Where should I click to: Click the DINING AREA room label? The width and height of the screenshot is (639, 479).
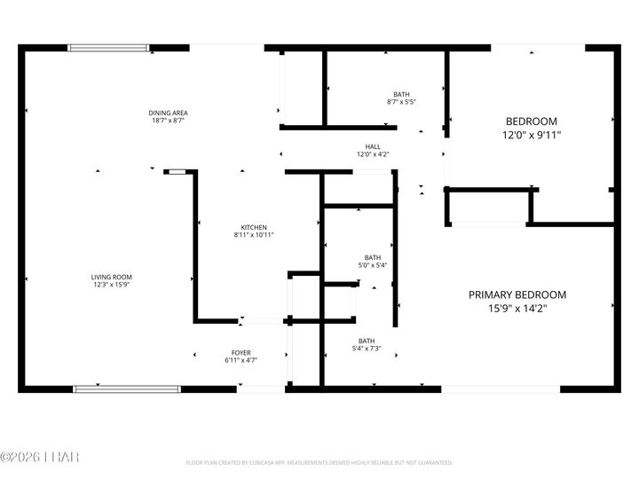point(168,113)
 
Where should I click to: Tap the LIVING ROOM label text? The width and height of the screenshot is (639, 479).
point(111,277)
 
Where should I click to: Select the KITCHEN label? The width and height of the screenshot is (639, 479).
point(254,227)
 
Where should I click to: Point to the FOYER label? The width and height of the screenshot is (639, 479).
point(241,352)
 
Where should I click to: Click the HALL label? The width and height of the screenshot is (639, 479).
point(373,146)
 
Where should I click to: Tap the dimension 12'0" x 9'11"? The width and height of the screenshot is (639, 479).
point(532,135)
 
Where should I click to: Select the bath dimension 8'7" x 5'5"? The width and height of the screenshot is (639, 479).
point(401,102)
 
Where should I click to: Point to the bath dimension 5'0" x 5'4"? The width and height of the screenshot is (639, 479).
point(372,265)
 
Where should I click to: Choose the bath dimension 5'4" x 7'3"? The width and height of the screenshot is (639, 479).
point(367,349)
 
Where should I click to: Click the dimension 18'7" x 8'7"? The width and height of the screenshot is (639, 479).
point(168,121)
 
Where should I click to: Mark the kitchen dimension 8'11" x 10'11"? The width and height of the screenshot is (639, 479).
point(254,235)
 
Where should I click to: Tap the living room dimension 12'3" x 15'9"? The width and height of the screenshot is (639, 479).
point(111,285)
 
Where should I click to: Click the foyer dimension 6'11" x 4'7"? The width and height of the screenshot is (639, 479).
point(241,360)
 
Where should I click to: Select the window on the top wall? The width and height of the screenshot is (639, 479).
point(109,48)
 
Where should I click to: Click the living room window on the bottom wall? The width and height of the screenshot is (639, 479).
point(126,388)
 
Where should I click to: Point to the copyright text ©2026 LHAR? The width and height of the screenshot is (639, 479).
point(40,457)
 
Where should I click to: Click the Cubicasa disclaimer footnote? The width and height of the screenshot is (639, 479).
point(319,463)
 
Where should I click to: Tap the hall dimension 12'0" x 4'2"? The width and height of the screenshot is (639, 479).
point(373,154)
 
